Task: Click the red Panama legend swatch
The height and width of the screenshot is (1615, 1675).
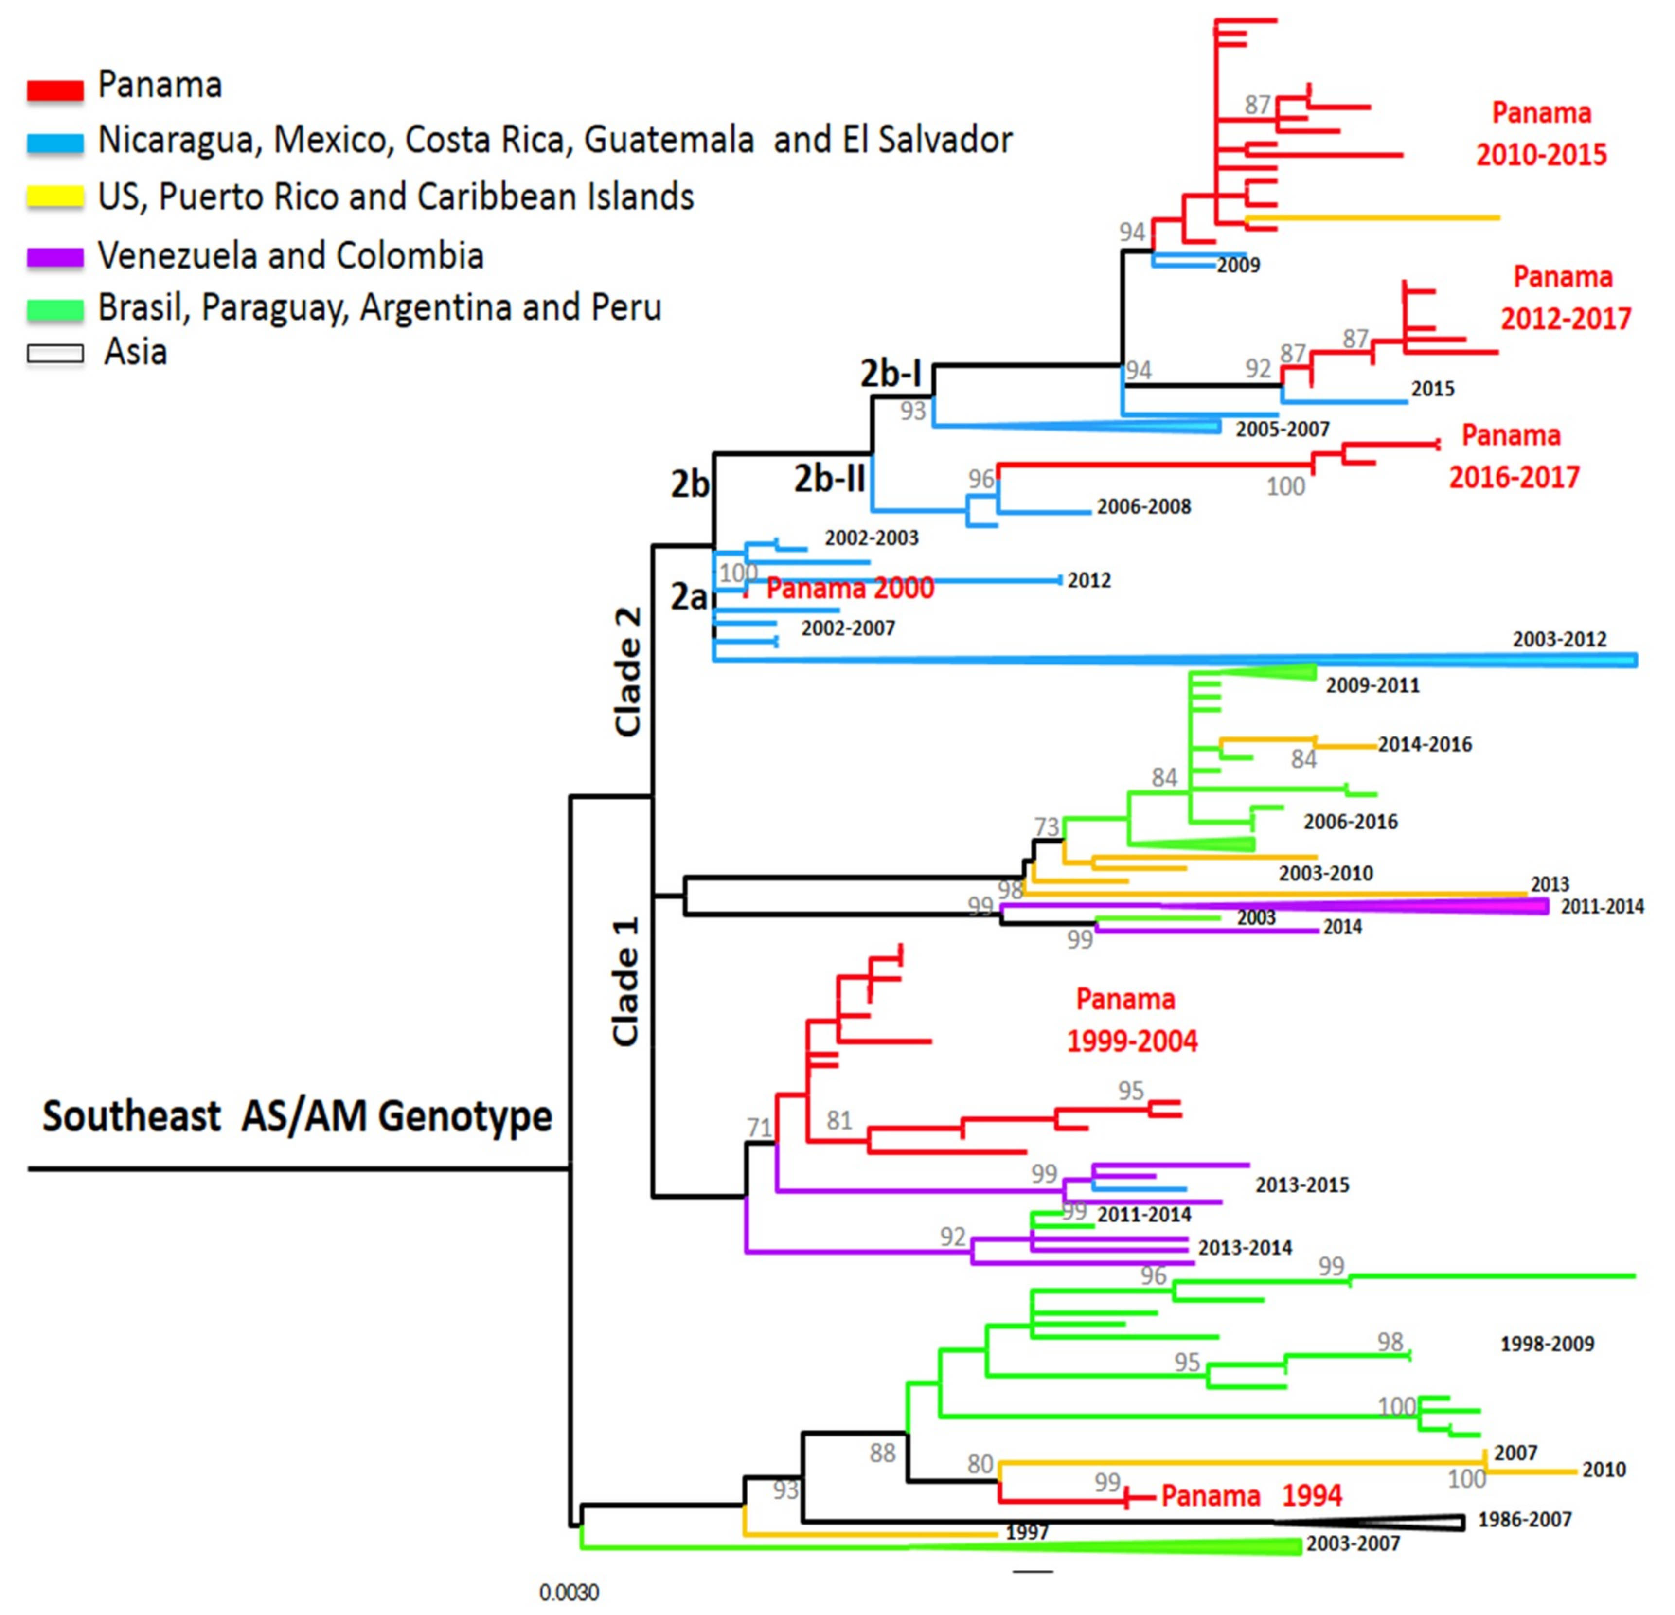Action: (x=55, y=89)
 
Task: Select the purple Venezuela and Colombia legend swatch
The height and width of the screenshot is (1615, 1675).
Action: (x=55, y=256)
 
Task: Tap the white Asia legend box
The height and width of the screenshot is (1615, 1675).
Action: (x=55, y=353)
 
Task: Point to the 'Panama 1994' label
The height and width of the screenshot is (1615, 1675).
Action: (x=1251, y=1495)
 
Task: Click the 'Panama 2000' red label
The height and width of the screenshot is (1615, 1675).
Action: (x=850, y=588)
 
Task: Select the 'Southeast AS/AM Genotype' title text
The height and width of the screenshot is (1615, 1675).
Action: (x=297, y=1116)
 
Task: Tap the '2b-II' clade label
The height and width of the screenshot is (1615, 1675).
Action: (x=829, y=479)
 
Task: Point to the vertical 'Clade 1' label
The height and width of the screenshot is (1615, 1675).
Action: (x=626, y=982)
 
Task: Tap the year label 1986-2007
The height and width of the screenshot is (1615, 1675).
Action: (x=1525, y=1519)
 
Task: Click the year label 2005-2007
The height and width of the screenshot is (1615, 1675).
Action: (x=1282, y=429)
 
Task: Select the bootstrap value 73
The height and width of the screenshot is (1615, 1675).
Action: (x=1047, y=827)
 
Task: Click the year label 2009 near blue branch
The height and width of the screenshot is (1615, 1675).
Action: (x=1238, y=265)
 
